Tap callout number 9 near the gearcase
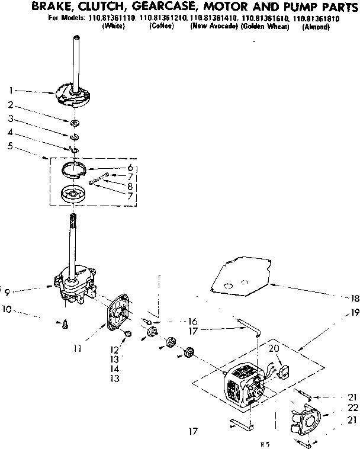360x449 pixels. click(7, 291)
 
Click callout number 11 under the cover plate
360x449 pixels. click(77, 349)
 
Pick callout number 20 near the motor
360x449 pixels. click(274, 348)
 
